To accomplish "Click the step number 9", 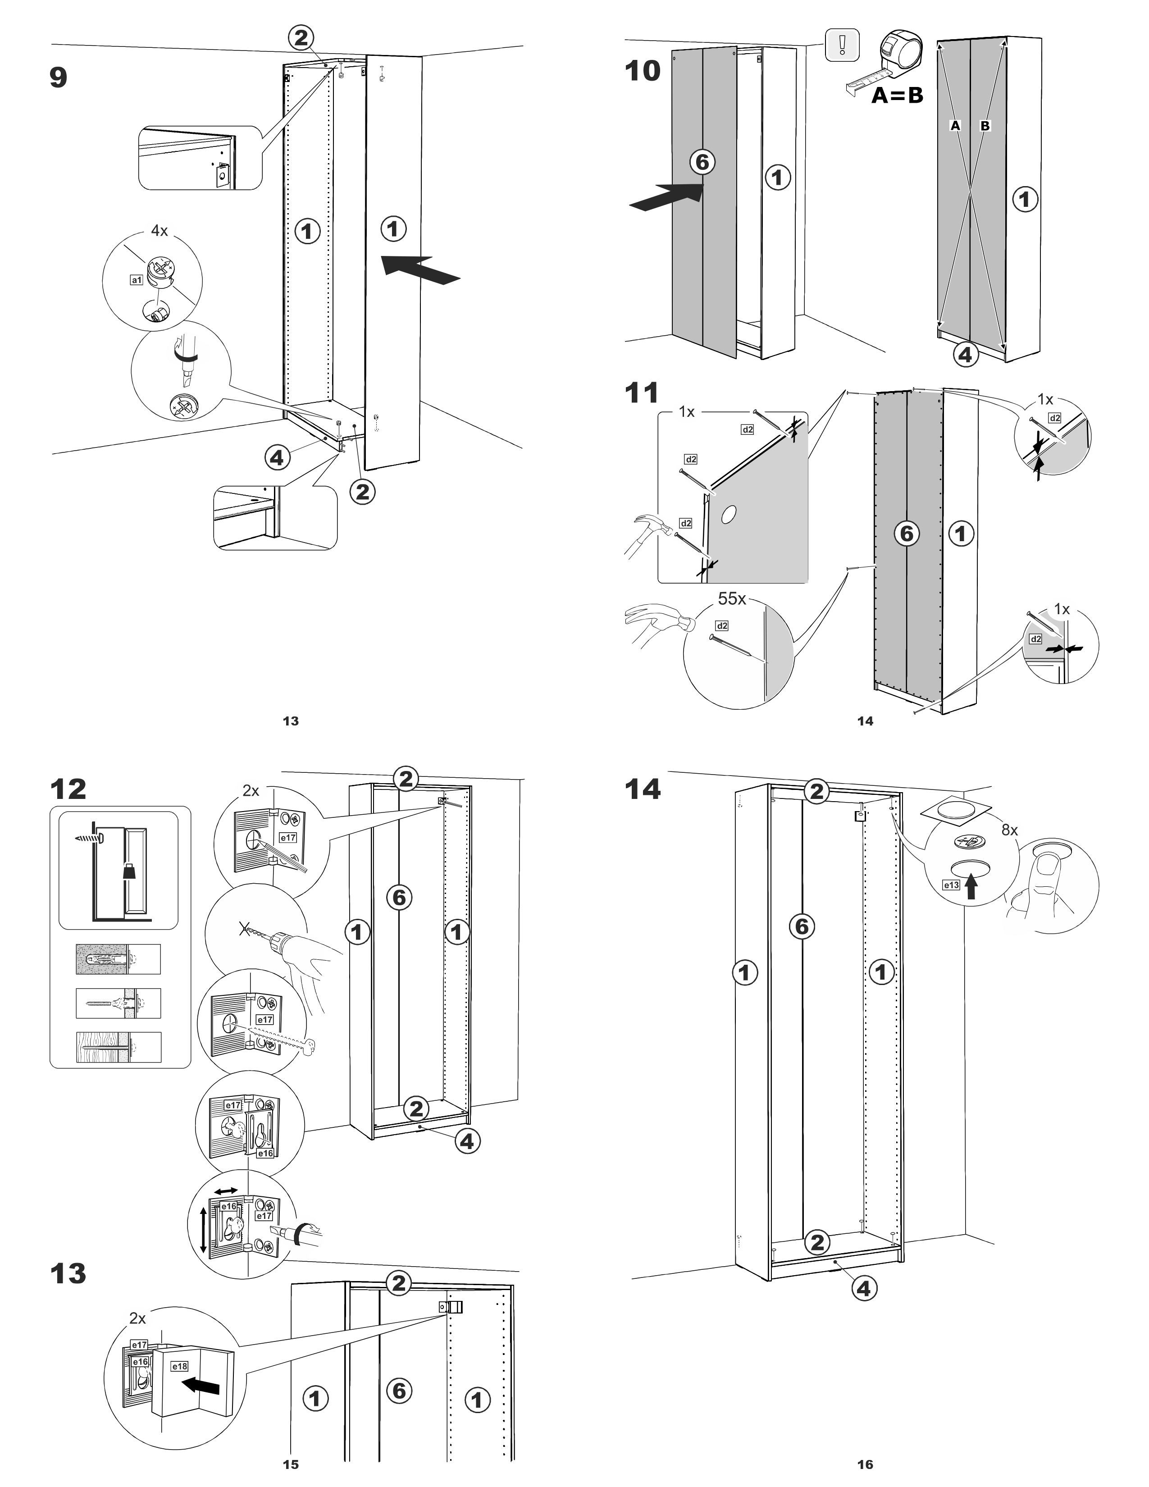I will (59, 77).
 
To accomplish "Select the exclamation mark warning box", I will (842, 45).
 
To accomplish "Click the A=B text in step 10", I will (897, 96).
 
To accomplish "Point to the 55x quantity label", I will (732, 598).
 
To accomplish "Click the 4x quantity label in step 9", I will (159, 231).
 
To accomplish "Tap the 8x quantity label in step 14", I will (1009, 830).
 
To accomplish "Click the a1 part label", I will (136, 279).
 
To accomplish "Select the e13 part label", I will (950, 885).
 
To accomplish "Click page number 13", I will (291, 721).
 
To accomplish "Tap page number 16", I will (865, 1464).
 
